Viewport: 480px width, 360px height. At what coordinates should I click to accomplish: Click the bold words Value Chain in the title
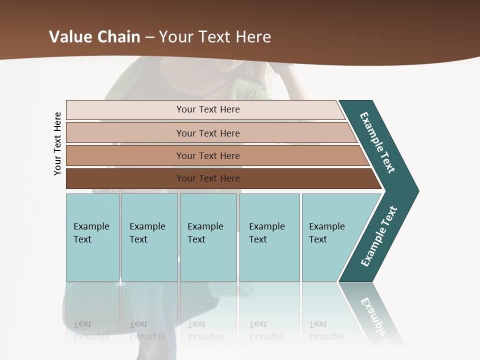click(94, 37)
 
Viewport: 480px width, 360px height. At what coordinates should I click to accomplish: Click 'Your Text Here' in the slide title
click(215, 37)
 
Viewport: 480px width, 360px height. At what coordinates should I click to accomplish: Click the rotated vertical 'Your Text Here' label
click(57, 144)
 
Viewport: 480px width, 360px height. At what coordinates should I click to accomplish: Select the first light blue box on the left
click(92, 237)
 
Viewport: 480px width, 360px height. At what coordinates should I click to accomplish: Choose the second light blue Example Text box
click(149, 237)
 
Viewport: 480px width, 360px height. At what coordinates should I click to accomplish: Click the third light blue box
click(208, 237)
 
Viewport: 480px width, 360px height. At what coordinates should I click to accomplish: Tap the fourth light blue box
click(269, 237)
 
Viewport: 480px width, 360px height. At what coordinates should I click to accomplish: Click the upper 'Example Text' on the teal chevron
click(377, 142)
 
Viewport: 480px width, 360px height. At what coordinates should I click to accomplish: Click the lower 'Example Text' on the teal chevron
click(379, 236)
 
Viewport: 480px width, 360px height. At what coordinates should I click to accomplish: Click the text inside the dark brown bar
click(208, 178)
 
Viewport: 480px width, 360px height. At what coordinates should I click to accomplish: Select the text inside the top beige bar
click(208, 109)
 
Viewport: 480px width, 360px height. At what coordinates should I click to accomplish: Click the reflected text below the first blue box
click(91, 330)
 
